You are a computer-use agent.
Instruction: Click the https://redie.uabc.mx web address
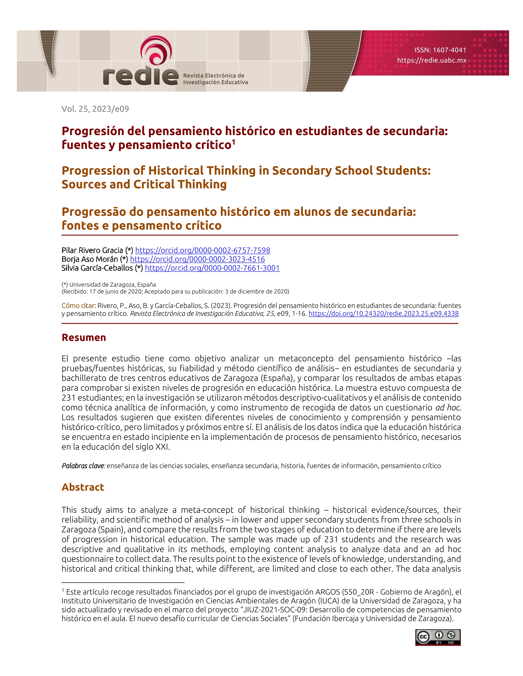click(432, 60)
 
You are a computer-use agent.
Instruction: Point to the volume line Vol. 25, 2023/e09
click(95, 109)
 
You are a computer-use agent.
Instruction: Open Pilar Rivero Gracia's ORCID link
click(203, 250)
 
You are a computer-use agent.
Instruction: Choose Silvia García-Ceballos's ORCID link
click(212, 268)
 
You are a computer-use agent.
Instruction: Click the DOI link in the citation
click(383, 314)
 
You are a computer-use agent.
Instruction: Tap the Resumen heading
click(84, 337)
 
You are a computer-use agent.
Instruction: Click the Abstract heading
click(83, 487)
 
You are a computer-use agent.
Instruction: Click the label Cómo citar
click(79, 306)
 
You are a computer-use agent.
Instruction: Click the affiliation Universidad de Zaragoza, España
click(112, 284)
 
